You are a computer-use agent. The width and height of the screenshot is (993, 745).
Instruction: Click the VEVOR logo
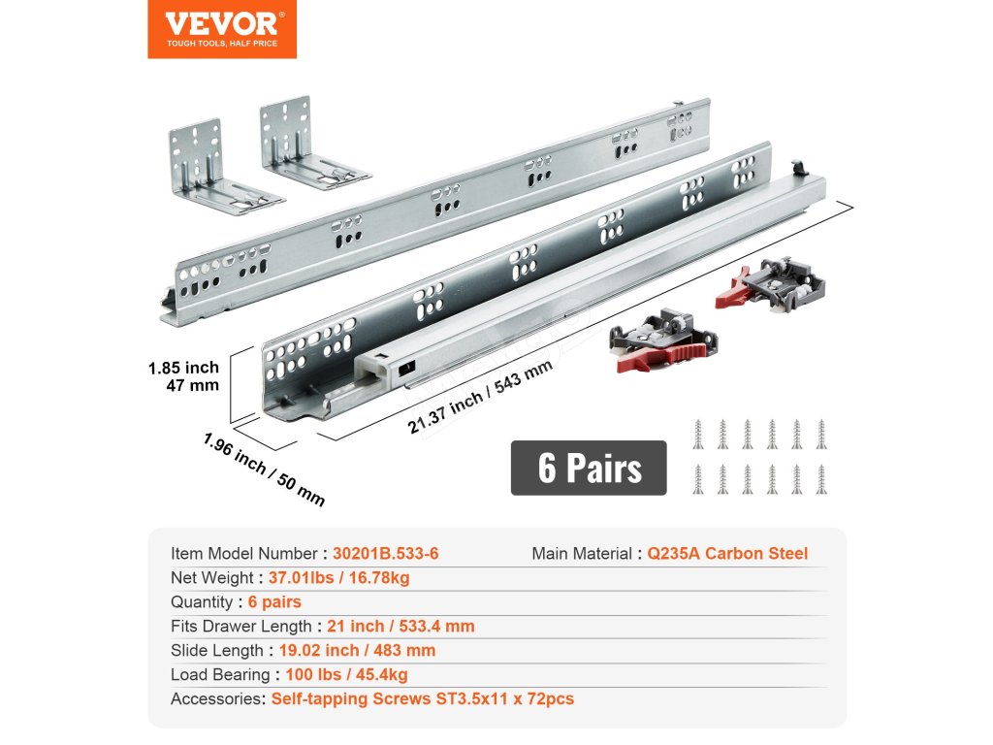222,29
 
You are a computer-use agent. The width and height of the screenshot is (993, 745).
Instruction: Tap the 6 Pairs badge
589,468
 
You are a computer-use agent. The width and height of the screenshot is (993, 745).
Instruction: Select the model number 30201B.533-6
385,554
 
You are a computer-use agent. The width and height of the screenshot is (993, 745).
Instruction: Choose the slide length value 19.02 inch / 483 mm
357,650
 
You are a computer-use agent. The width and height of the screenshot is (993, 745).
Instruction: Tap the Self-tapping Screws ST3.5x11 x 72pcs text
422,698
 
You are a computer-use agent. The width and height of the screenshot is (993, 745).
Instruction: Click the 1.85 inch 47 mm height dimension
183,376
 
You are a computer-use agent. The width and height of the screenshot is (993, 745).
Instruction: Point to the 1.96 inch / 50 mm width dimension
264,469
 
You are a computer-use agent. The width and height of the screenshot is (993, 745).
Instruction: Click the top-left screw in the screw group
697,434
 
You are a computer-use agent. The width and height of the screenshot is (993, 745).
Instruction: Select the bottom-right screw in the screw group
820,479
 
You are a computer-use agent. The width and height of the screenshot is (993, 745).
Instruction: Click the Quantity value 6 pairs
274,602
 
